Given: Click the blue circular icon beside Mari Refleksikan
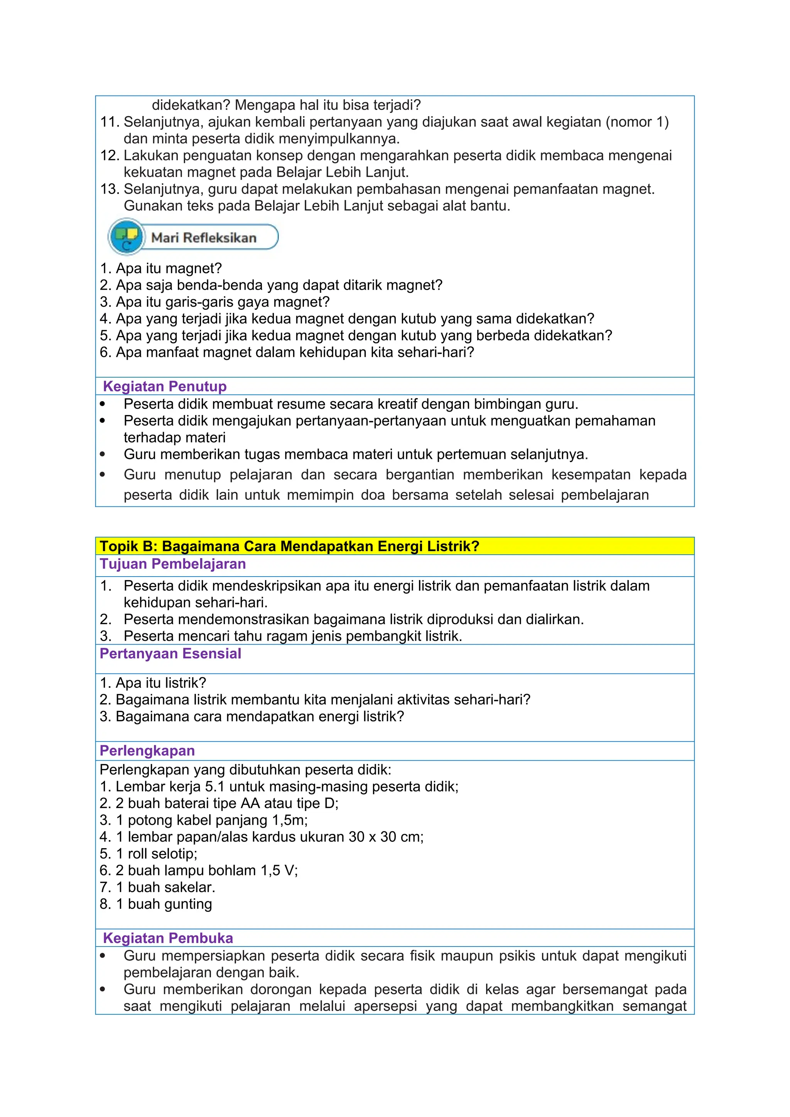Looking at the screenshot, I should tap(127, 237).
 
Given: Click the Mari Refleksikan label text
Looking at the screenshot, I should tap(204, 238).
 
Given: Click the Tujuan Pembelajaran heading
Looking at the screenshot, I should tap(173, 564).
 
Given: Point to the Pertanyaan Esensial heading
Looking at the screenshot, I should tap(170, 653).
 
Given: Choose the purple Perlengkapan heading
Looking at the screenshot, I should tap(147, 751).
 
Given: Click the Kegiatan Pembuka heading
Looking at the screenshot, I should tap(168, 938).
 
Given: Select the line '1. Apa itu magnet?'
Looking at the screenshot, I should tap(160, 268).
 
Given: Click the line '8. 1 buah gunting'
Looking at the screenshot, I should tap(156, 904).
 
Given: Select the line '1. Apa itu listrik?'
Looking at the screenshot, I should tap(153, 683).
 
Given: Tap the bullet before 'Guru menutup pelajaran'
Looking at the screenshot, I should tap(102, 475).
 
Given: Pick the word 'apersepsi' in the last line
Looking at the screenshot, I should tap(385, 1006).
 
